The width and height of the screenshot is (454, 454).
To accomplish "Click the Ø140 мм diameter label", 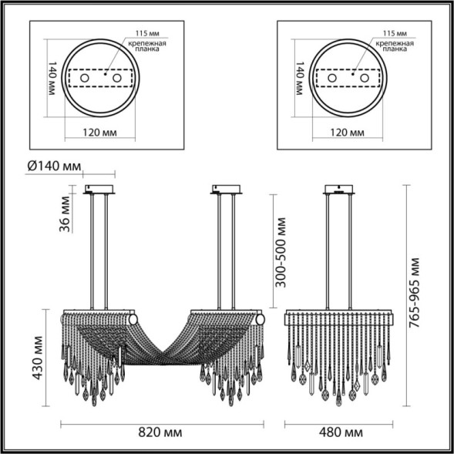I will pyautogui.click(x=53, y=166).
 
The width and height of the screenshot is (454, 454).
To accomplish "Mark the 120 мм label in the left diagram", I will pyautogui.click(x=99, y=132).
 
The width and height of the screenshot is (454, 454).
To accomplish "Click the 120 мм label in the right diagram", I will pyautogui.click(x=345, y=132).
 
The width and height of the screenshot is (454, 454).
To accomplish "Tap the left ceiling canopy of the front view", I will pyautogui.click(x=99, y=190).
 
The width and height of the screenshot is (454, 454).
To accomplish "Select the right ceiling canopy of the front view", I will pyautogui.click(x=224, y=190).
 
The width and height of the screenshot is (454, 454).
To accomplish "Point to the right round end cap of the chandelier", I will pyautogui.click(x=260, y=318).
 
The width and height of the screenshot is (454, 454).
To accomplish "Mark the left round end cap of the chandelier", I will pyautogui.click(x=62, y=318).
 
